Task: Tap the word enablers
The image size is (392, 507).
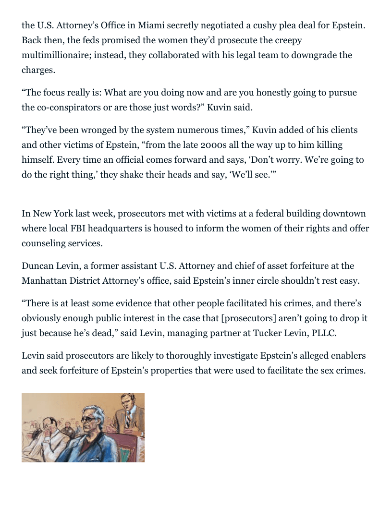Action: (x=346, y=356)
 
